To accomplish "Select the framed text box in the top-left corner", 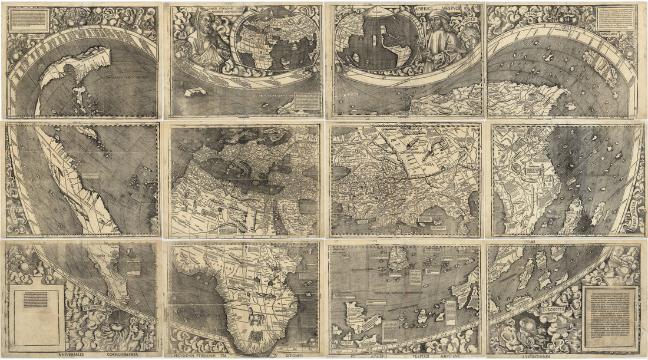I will (x=29, y=20).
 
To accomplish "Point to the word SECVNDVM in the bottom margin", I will (x=200, y=356).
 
